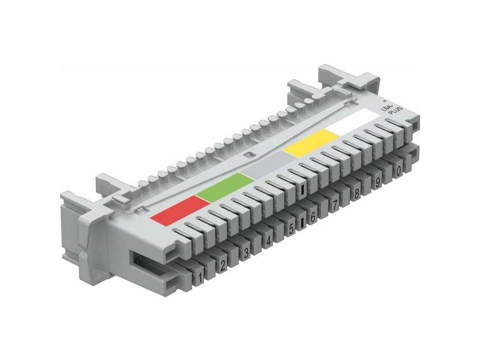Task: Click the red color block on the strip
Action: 179,211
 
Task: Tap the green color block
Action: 226,187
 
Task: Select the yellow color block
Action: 311,143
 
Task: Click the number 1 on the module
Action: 200,278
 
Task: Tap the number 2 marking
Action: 223,265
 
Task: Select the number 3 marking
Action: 246,253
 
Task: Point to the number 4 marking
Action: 268,241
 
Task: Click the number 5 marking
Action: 291,228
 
